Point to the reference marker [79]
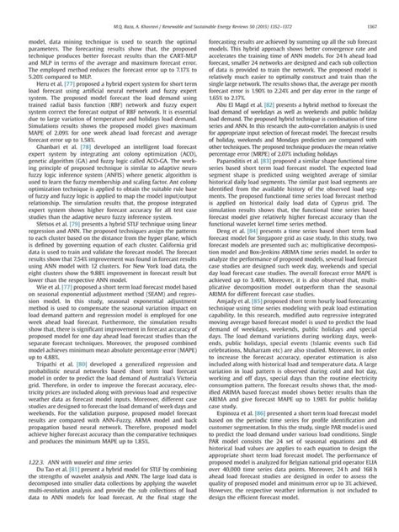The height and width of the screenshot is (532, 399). (x=76, y=222)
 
